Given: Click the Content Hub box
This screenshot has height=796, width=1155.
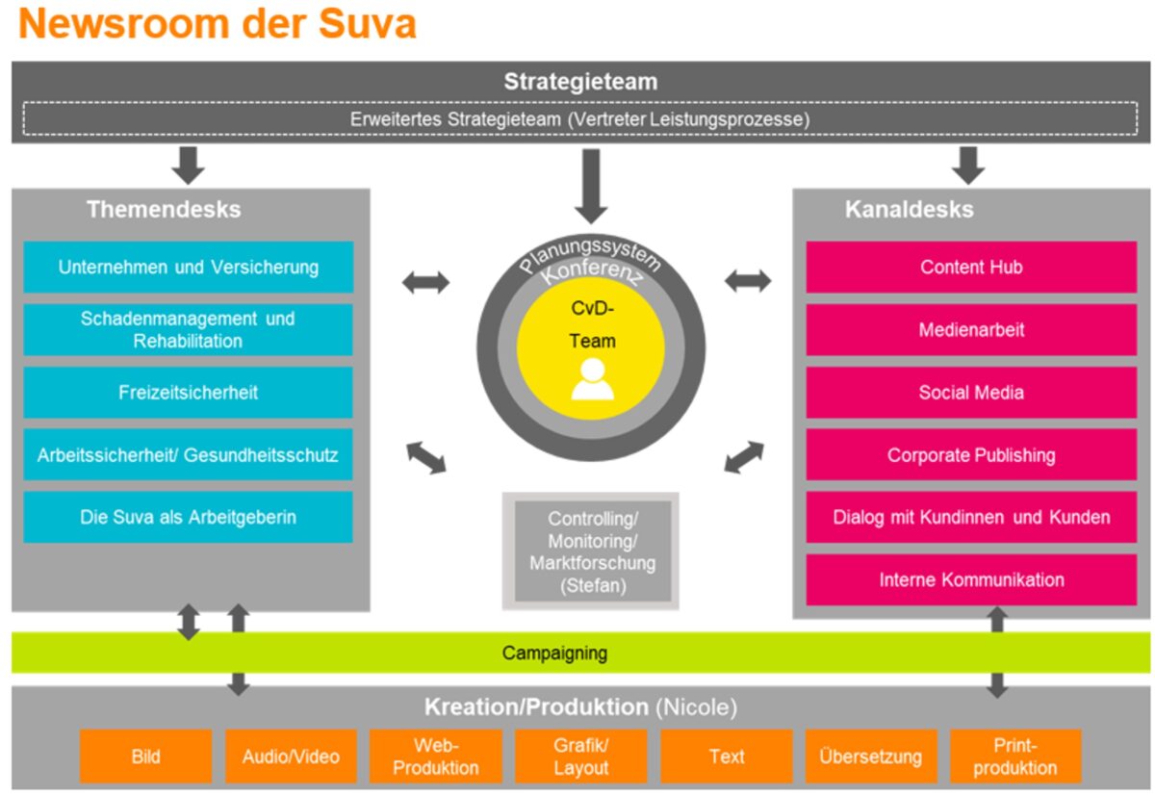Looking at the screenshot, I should click(970, 267).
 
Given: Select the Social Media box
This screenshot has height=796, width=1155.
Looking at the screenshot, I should click(970, 393).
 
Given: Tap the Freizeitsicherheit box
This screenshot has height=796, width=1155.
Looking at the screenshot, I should click(188, 393).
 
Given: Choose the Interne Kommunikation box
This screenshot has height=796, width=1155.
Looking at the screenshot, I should click(970, 579).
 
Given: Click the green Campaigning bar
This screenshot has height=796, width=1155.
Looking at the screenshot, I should click(577, 654).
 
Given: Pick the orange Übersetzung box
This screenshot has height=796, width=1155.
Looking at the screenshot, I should click(870, 757).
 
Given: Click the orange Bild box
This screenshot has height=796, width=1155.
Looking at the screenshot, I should click(145, 757).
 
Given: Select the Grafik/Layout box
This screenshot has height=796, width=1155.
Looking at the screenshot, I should click(580, 757).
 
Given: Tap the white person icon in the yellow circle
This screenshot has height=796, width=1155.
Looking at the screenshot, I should click(592, 379).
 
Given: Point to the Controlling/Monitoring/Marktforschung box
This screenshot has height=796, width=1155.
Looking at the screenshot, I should click(591, 551).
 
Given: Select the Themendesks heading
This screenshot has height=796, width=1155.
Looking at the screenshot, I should click(164, 209).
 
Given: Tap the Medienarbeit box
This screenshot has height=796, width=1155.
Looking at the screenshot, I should click(970, 330).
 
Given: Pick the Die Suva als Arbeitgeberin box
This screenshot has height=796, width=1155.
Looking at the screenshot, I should click(188, 517).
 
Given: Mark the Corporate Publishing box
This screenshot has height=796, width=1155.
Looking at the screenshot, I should click(970, 455).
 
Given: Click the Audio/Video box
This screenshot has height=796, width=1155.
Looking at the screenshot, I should click(291, 757).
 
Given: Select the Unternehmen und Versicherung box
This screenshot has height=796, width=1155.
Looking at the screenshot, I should click(188, 267).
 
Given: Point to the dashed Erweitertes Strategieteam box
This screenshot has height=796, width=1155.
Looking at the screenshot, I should click(577, 119).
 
